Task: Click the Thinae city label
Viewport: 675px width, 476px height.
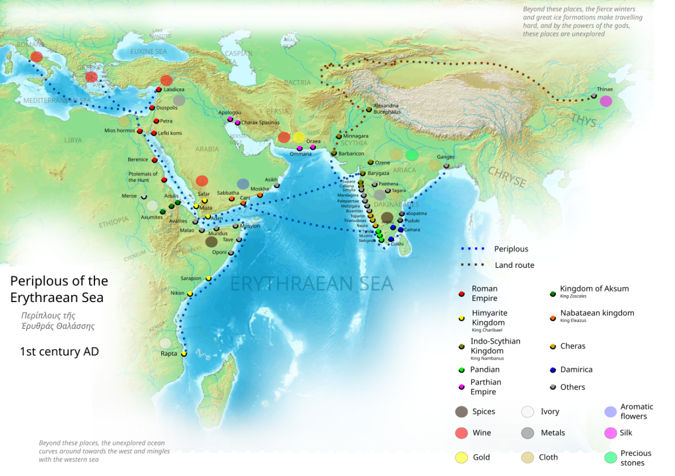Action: tap(605, 89)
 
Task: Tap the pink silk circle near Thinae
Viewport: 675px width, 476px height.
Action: tap(606, 101)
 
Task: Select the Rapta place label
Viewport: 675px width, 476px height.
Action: tap(169, 354)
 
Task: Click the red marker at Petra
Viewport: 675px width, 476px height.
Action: tap(156, 121)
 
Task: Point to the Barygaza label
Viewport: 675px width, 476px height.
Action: tap(378, 173)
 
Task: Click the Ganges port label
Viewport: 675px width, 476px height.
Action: tap(446, 157)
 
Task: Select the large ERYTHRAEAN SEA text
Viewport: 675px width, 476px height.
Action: tap(311, 284)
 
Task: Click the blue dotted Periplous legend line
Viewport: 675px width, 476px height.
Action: tap(472, 249)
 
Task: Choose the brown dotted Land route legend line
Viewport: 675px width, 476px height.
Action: tap(472, 265)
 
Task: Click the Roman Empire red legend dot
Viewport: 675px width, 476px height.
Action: tap(461, 294)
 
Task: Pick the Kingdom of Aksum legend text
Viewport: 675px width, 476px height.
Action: tap(594, 289)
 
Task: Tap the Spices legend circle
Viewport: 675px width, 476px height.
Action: tap(461, 412)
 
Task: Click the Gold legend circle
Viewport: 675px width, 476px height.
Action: tap(461, 458)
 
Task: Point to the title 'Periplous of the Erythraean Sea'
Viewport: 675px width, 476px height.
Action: tap(59, 289)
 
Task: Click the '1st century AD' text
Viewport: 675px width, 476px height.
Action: tap(59, 352)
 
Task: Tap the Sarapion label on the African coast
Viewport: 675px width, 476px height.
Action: tap(191, 279)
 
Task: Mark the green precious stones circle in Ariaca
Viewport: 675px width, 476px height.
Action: tap(412, 155)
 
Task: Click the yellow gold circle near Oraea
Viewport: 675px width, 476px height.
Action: tap(299, 137)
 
